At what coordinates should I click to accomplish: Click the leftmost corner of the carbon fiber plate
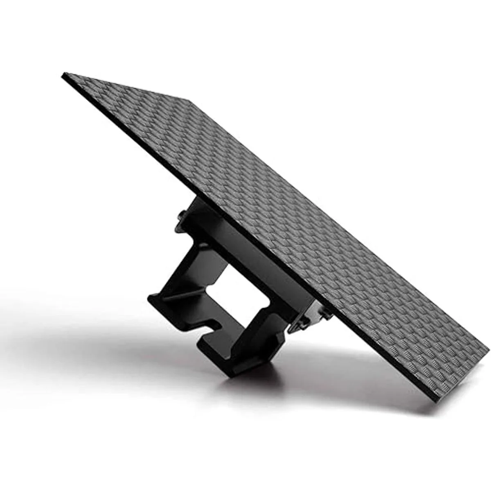click(63, 74)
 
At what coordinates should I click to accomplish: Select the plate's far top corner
click(189, 99)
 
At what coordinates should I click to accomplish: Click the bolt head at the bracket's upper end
click(180, 214)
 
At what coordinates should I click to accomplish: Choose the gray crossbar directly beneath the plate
click(262, 262)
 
